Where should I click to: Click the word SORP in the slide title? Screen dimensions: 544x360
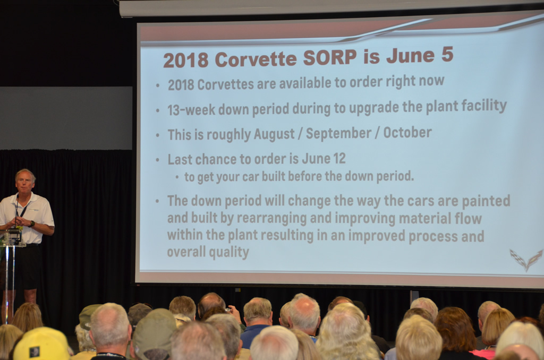[x=330, y=57]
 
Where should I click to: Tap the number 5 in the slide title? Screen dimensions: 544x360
[x=447, y=55]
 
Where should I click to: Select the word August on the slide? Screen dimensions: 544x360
[x=274, y=134]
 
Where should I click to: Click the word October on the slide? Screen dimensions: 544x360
[x=407, y=132]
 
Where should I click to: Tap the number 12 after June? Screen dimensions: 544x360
[x=339, y=159]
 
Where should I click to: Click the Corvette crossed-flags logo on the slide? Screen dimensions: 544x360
[x=526, y=259]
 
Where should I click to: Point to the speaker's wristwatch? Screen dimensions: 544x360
[x=32, y=224]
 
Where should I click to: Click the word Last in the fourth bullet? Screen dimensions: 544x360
[x=180, y=159]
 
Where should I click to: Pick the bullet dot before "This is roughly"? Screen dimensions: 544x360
[x=157, y=135]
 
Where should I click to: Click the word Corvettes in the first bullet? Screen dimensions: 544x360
[x=225, y=84]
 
